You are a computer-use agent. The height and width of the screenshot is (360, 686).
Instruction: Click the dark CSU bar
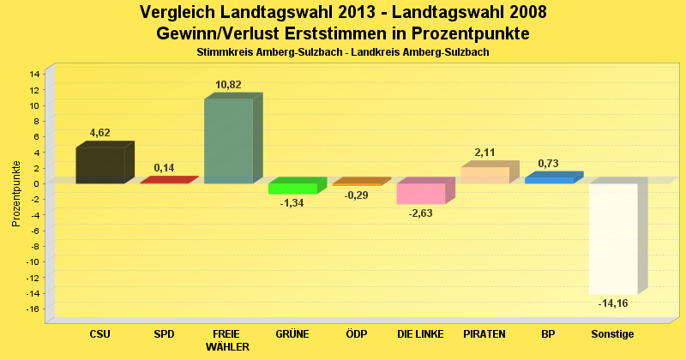coord(100,165)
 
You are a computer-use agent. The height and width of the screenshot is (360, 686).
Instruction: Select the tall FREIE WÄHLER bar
coord(228,141)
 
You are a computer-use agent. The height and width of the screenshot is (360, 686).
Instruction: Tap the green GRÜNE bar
coord(292,189)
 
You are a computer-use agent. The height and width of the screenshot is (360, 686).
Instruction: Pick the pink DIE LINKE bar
coord(420,194)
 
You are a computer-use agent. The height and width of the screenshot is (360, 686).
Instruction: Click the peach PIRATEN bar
coord(484,175)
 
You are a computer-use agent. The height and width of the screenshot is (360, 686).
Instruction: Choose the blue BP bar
coord(549,180)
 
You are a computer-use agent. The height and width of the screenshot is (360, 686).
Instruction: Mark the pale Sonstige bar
coord(613,238)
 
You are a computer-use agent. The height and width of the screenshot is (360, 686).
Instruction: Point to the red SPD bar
coord(165,181)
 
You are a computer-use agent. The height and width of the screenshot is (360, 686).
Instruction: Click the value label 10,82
coord(228,85)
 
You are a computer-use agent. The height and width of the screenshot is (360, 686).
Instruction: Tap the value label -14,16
coord(613,303)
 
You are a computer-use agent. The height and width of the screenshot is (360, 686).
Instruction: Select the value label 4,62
coord(100,133)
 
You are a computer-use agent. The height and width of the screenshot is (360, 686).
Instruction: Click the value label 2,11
coord(484,153)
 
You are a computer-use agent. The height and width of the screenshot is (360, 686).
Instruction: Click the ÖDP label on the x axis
coord(356,333)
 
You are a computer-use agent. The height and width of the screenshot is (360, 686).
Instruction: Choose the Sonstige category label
coord(612,333)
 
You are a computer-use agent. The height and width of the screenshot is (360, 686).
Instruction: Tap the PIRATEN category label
coord(484,333)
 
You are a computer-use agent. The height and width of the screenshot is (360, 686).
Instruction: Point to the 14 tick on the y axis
coord(34,74)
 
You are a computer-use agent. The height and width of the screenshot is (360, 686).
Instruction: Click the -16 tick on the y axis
coord(33,309)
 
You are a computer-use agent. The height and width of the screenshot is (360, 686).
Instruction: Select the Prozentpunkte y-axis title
coord(16,193)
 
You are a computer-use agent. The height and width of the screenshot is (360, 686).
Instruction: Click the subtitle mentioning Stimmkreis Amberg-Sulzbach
coord(343,52)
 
